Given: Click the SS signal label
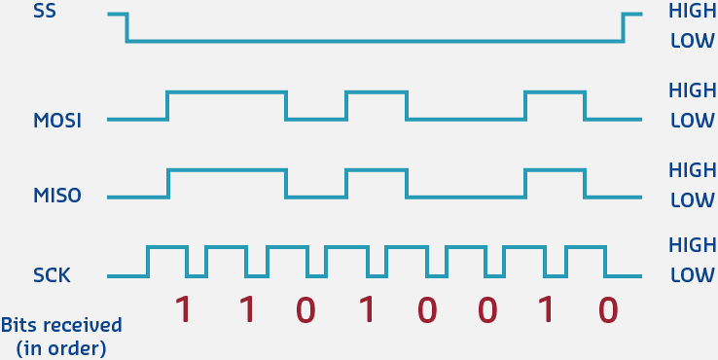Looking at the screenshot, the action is pos(45,14).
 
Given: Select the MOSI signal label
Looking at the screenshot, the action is pos(56,121).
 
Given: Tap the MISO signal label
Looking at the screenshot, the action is pos(56,197).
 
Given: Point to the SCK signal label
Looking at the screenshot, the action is pos(51,275).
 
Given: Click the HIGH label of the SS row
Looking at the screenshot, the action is pos(692,13).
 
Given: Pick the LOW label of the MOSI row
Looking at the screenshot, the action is pos(693,121).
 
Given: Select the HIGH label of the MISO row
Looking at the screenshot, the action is pos(692,168).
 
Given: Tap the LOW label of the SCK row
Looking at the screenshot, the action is pos(693,275).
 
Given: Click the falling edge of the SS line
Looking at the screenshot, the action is pos(126,27).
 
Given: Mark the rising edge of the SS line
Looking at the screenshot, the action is pos(624,27).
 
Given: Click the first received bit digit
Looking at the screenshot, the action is pos(182,309).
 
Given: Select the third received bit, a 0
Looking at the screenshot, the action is pos(305,309).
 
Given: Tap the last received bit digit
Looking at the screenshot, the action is pos(608,309).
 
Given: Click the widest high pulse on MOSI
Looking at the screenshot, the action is pos(227,93).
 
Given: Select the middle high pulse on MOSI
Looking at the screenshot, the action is pos(376,93).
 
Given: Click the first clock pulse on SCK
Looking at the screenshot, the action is pos(166,249).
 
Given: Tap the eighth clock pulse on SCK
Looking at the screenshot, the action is pos(586,249).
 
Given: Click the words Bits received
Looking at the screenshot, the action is pos(61,324).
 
